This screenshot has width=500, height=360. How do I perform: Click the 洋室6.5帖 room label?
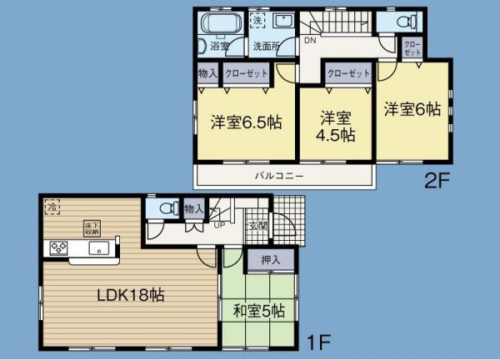click(x=245, y=122)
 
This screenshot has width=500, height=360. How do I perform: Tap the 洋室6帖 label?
click(x=412, y=108)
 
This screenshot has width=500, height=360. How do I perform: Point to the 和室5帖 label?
click(x=259, y=311)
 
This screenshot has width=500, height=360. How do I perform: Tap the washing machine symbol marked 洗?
click(x=257, y=20)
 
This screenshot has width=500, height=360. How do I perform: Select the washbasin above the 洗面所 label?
click(x=282, y=24)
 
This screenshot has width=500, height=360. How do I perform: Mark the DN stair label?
click(x=309, y=40)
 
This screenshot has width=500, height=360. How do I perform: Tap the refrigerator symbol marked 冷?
click(x=52, y=205)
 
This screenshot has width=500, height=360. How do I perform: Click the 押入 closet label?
click(x=271, y=261)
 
